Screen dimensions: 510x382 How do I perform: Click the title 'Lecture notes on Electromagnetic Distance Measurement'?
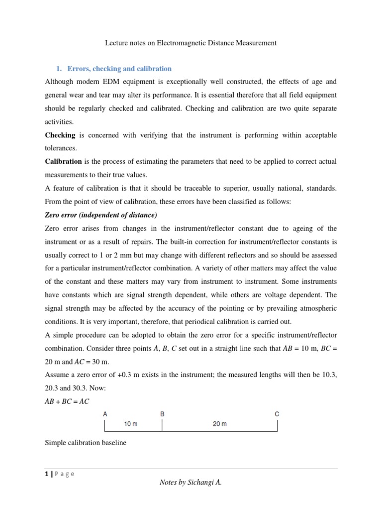(x=191, y=43)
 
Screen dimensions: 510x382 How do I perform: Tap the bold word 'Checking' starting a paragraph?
(x=60, y=135)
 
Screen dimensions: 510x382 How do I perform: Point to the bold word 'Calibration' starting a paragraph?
(x=63, y=161)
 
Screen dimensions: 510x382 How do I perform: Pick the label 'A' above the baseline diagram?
(x=105, y=414)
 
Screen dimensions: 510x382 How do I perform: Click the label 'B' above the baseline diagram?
(x=162, y=414)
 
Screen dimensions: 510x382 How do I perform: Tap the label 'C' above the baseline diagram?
(x=277, y=414)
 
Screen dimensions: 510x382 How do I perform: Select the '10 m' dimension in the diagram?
(x=131, y=424)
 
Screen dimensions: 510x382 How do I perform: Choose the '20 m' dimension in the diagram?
(x=219, y=424)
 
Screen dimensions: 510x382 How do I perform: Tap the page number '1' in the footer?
(x=46, y=474)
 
